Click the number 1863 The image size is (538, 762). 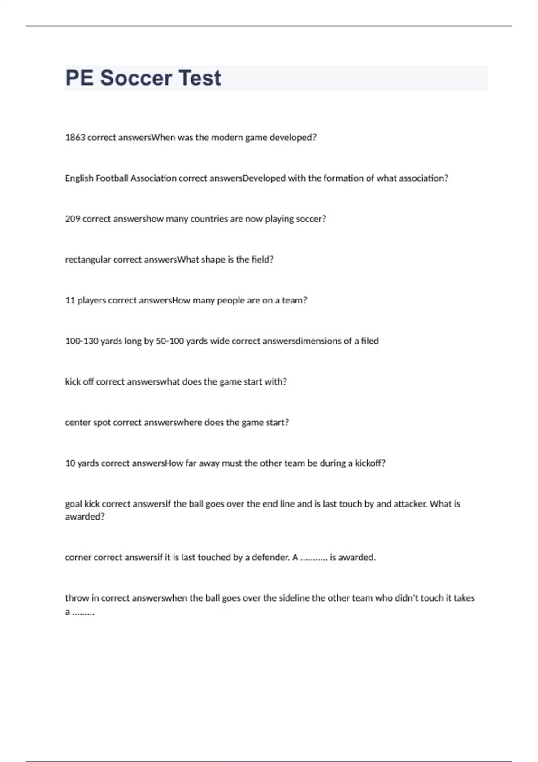point(75,138)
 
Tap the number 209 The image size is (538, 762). point(73,219)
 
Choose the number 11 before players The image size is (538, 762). point(70,300)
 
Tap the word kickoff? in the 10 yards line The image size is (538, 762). point(370,463)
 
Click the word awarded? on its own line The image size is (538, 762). point(85,517)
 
